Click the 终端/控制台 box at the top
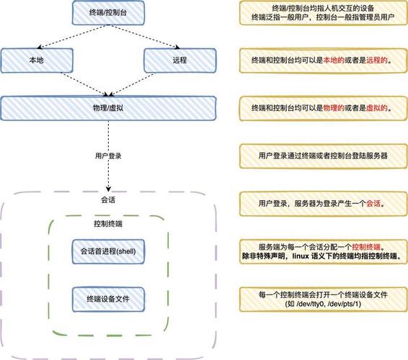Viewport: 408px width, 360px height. tap(108, 12)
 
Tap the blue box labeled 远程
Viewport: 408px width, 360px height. tap(180, 60)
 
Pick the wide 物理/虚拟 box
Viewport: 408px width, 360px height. tap(108, 108)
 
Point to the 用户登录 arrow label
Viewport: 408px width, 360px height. tap(108, 155)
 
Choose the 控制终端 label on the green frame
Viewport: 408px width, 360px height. tap(108, 225)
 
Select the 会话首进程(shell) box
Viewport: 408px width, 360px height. tap(108, 251)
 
